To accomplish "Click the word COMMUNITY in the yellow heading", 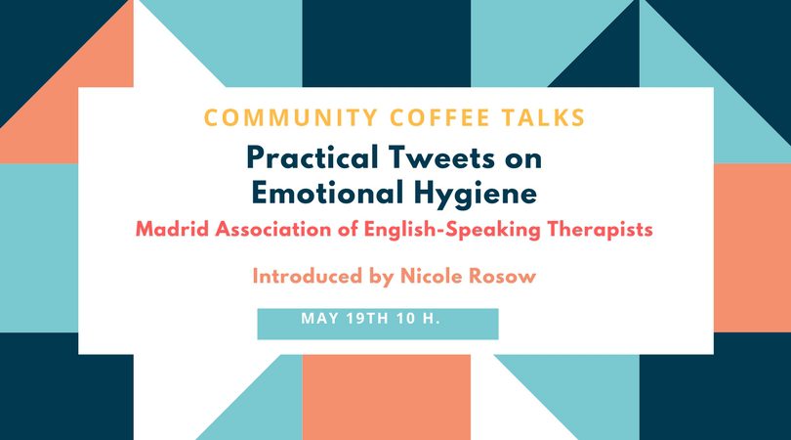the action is pos(291,117).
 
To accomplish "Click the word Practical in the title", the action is pos(312,157).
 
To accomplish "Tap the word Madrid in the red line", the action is pos(172,230).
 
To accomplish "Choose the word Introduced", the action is pos(308,277).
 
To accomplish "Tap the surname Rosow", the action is pos(503,277).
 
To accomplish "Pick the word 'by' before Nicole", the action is pos(382,278).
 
